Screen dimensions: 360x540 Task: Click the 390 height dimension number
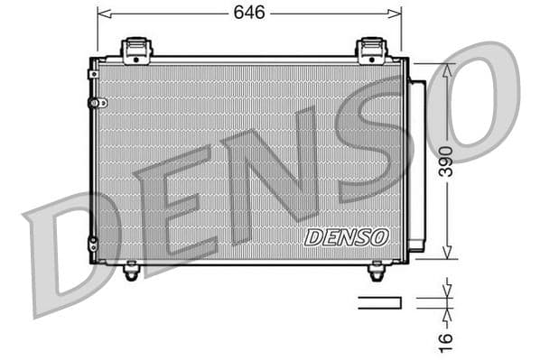446,161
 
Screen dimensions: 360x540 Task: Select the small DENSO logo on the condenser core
347,237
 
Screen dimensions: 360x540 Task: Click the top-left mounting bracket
136,50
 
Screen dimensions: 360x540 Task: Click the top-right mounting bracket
371,50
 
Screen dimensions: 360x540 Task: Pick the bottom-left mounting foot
132,270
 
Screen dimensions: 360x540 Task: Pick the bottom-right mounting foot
377,270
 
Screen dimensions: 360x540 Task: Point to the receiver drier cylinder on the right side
416,165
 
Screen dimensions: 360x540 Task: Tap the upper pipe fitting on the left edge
95,102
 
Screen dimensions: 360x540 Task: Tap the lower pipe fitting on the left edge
94,244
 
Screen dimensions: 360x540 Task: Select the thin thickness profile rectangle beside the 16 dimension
379,302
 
